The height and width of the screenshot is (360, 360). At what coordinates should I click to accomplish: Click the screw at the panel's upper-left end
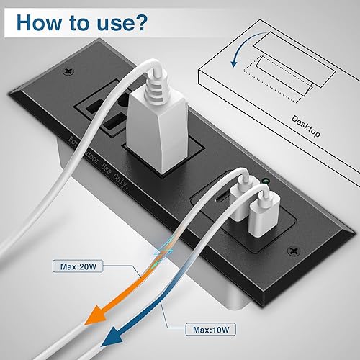[69, 71]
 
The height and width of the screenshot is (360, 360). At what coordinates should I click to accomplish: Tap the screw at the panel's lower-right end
[294, 251]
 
